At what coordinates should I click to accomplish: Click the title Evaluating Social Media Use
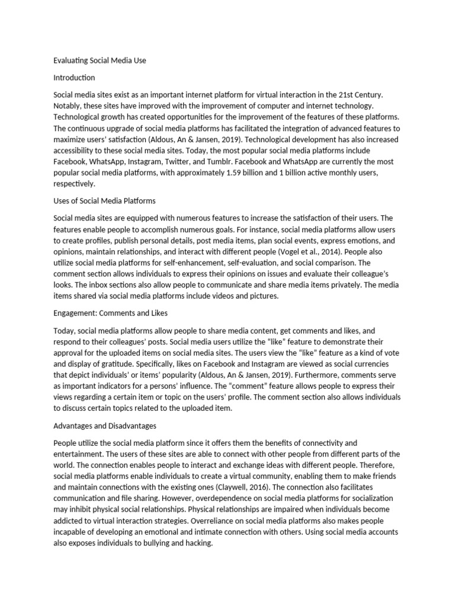point(100,60)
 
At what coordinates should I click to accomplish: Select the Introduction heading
point(74,78)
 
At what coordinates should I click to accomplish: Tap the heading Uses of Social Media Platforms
point(104,201)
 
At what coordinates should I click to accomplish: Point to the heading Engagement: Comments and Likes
point(111,312)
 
